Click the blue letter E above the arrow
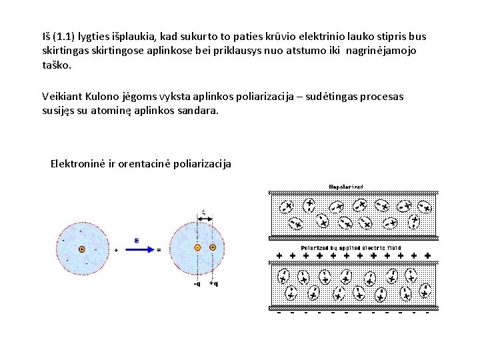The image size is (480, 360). [x=136, y=240]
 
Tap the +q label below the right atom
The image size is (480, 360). [x=213, y=283]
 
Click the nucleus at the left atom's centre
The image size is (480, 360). [x=81, y=249]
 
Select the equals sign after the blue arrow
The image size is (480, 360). [x=158, y=250]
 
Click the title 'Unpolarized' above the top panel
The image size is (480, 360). [x=346, y=186]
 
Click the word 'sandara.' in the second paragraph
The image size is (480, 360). [x=198, y=111]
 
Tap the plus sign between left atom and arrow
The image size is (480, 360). [x=117, y=250]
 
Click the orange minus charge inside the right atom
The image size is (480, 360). [x=197, y=248]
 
